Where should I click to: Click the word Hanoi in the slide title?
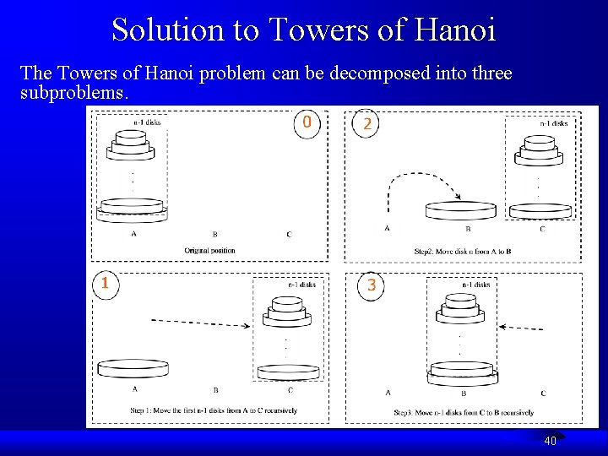pyautogui.click(x=456, y=30)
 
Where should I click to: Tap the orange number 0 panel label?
pyautogui.click(x=307, y=122)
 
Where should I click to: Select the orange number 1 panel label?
pyautogui.click(x=105, y=283)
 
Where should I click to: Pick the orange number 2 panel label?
pyautogui.click(x=366, y=124)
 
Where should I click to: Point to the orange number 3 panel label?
pyautogui.click(x=372, y=285)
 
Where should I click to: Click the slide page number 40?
pyautogui.click(x=550, y=441)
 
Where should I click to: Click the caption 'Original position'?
pyautogui.click(x=209, y=250)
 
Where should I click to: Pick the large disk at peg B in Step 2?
pyautogui.click(x=461, y=209)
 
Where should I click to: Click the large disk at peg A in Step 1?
pyautogui.click(x=133, y=368)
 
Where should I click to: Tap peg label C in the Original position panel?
pyautogui.click(x=289, y=235)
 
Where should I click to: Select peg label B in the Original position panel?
pyautogui.click(x=214, y=235)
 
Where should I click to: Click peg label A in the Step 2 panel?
pyautogui.click(x=388, y=229)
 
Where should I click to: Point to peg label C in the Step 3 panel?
pyautogui.click(x=543, y=393)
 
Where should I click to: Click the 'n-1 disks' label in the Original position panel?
pyautogui.click(x=147, y=122)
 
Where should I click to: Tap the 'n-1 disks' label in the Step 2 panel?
pyautogui.click(x=554, y=123)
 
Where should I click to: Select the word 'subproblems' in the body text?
pyautogui.click(x=73, y=93)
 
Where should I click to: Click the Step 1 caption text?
pyautogui.click(x=214, y=410)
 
